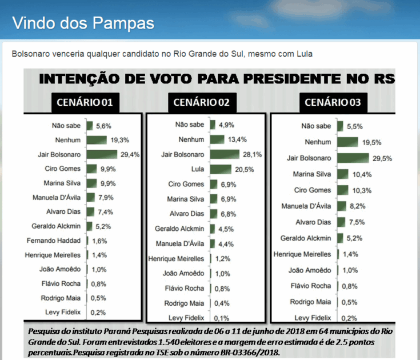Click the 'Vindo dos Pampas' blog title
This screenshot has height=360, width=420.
pos(83,23)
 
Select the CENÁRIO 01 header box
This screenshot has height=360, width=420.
pos(92,103)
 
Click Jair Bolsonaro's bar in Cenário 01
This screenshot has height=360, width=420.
pos(102,154)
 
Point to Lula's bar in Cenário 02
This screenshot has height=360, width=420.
pos(221,169)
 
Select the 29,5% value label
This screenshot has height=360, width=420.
pos(381,158)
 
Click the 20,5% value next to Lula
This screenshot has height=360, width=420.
pos(243,170)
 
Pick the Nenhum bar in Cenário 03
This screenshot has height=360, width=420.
pos(347,142)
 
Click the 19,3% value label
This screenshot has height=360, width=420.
pos(119,140)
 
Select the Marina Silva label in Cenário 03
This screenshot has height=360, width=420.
pos(311,174)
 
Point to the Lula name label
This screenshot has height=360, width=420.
pos(197,169)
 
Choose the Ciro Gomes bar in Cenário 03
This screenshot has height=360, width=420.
pos(343,190)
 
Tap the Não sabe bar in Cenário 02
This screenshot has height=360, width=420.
pos(213,125)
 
